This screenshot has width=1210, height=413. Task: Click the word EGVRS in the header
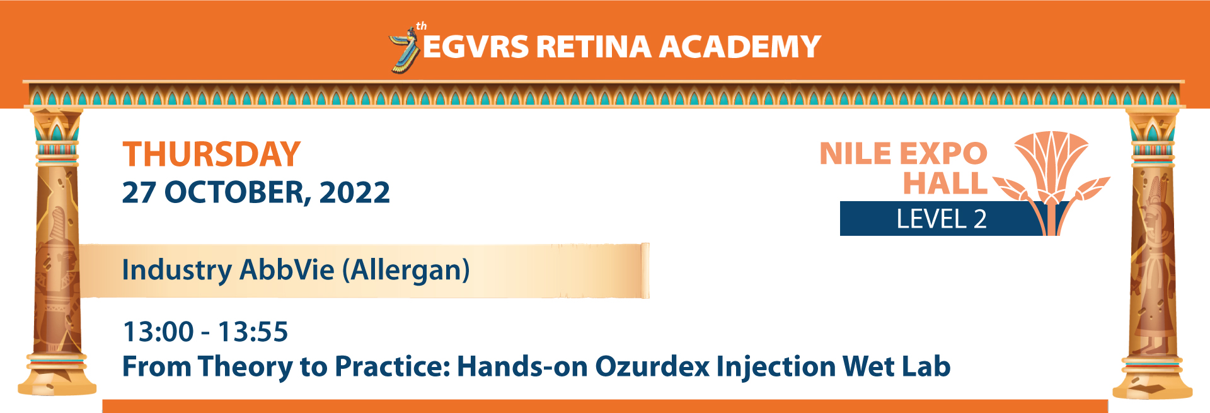pos(476,47)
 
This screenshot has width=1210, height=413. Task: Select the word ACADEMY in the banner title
pos(740,47)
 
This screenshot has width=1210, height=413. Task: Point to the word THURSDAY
pos(211,154)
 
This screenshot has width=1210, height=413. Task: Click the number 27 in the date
pos(139,192)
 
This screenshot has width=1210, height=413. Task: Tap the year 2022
pos(355,192)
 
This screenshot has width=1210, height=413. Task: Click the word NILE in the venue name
pos(855,154)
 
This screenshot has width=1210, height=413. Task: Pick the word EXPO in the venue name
pos(943,154)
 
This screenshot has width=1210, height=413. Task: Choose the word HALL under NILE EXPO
pos(945,183)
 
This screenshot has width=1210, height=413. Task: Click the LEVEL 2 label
pos(942,219)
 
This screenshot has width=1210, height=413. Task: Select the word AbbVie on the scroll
pos(287,270)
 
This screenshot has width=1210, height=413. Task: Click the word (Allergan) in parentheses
pos(406,270)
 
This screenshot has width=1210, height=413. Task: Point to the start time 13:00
pos(158,332)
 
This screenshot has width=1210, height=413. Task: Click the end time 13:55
pos(253,332)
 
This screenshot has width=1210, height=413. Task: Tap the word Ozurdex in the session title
pos(652,366)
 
